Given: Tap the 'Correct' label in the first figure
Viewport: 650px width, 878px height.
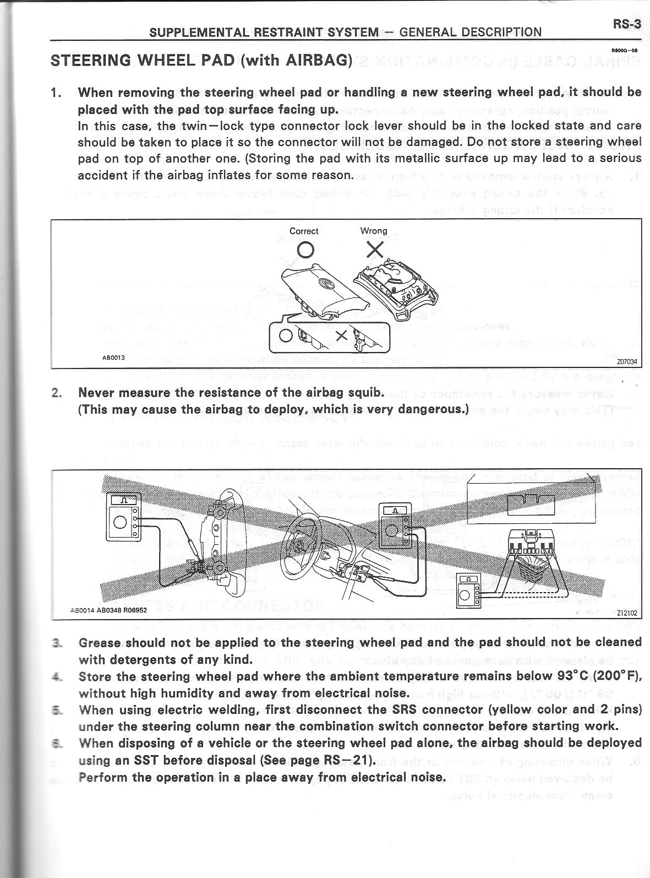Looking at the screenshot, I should click(x=304, y=231).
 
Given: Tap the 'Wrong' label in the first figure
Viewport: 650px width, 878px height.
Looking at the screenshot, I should click(x=374, y=231).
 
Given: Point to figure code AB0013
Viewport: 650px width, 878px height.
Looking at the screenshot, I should click(x=113, y=357).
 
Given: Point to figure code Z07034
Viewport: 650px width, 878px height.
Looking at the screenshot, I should click(x=627, y=362).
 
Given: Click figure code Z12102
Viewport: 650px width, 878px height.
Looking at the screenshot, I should click(x=627, y=613).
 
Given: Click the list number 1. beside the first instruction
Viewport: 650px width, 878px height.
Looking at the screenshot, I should click(x=57, y=93).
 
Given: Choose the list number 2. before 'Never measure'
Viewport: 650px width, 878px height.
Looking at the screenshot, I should click(x=57, y=393).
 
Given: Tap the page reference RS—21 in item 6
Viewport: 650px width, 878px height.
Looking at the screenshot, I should click(x=345, y=761).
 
